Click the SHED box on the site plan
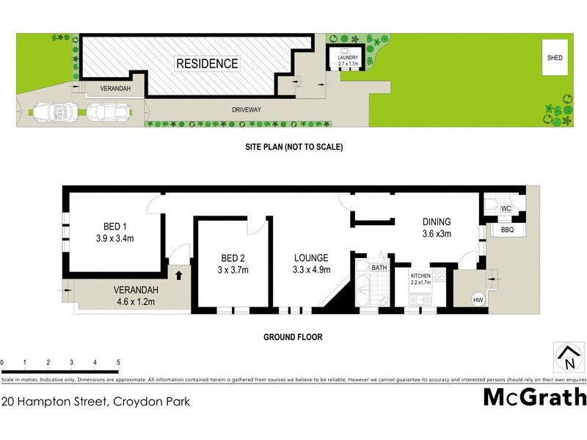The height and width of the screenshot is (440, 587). [554, 56]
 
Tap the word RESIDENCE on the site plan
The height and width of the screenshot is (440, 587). [207, 64]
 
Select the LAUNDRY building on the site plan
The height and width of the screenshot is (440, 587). [348, 58]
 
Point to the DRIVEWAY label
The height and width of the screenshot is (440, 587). [247, 110]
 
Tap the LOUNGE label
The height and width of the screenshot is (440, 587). [311, 257]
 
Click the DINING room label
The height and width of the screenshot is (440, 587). [436, 222]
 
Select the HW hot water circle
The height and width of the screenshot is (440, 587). [478, 300]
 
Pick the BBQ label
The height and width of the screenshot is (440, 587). [506, 230]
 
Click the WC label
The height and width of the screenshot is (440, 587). [506, 209]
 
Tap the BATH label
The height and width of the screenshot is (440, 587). [379, 268]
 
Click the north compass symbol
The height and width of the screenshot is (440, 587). [567, 357]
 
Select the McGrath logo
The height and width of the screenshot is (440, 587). [535, 397]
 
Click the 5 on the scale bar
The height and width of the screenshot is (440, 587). [118, 362]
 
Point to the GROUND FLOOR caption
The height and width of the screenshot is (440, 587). [293, 337]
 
